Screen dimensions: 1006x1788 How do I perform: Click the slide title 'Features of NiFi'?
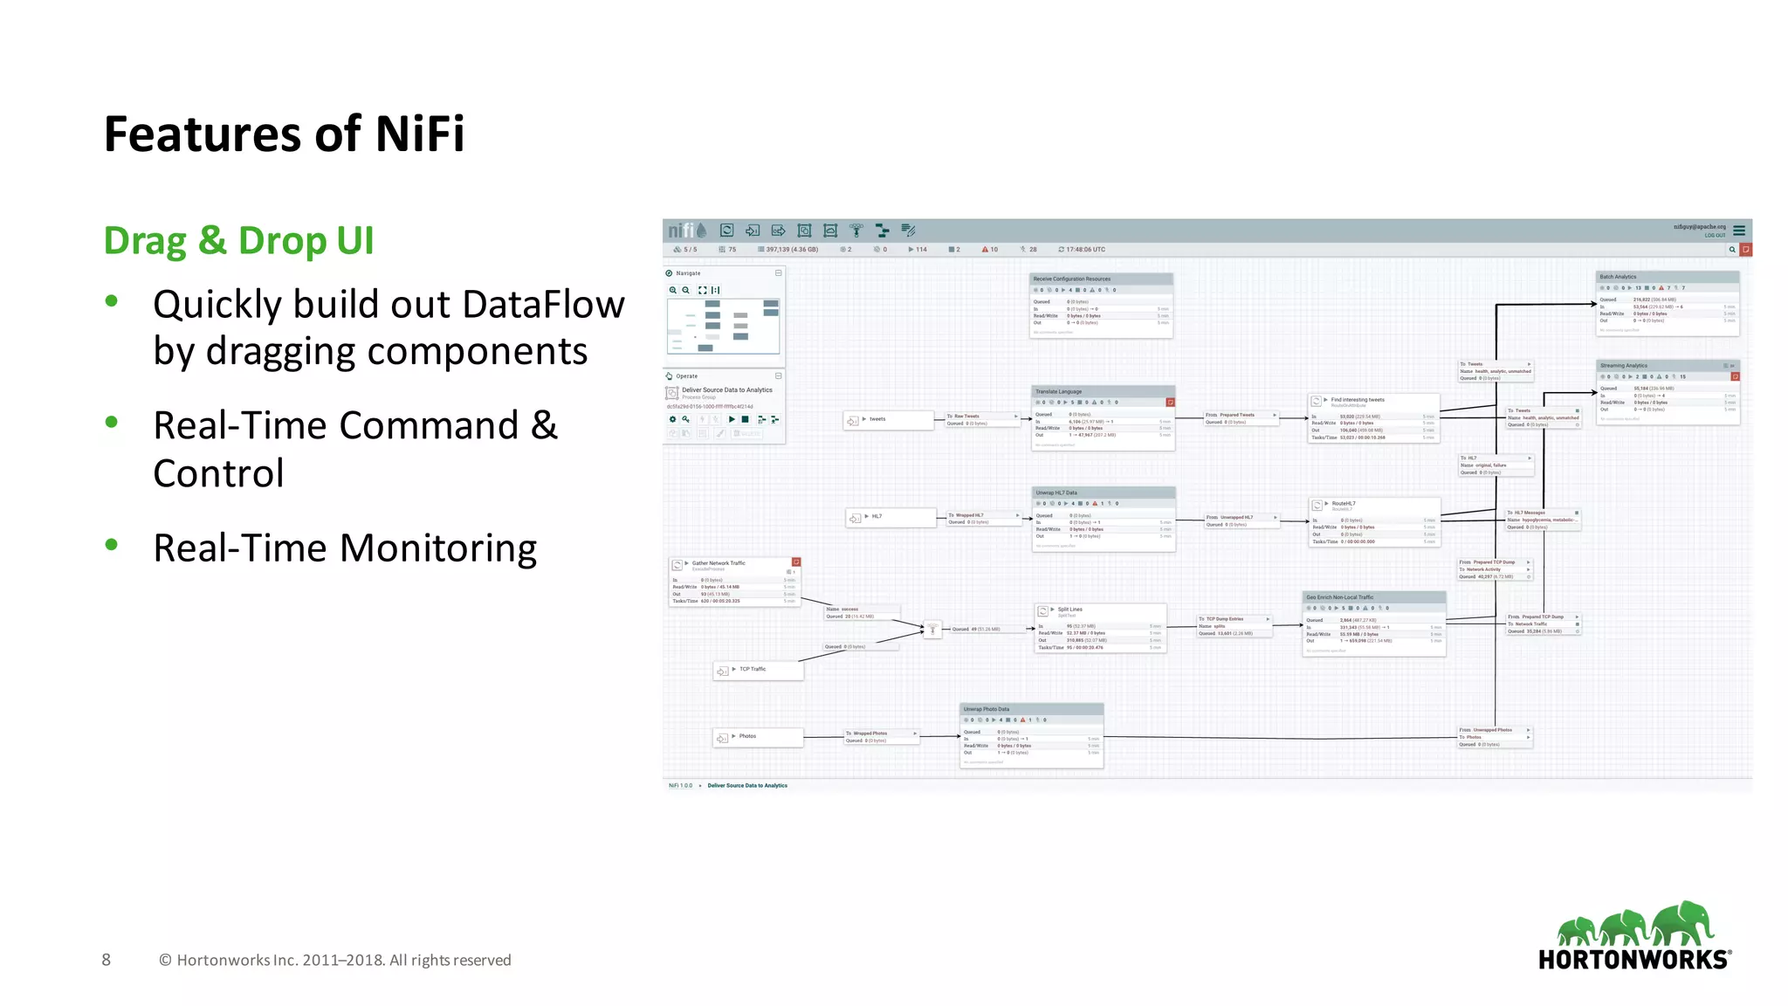[284, 134]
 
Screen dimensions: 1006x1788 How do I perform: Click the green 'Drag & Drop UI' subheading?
[238, 241]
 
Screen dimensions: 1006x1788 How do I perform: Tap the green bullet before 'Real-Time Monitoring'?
[111, 545]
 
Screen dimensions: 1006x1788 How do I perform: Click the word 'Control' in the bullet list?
[218, 473]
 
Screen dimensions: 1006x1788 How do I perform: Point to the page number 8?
[106, 960]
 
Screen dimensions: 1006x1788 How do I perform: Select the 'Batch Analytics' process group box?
[1667, 303]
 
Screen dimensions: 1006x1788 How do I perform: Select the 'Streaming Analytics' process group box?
[1668, 392]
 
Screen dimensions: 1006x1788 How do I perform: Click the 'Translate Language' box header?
[1103, 391]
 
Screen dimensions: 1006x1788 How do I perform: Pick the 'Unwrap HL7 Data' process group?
[1104, 520]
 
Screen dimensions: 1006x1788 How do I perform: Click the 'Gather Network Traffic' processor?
[734, 582]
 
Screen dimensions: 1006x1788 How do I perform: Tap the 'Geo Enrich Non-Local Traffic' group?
[1373, 624]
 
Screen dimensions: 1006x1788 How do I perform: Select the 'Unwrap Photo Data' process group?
[1031, 735]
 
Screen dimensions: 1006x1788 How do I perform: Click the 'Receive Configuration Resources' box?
[1101, 305]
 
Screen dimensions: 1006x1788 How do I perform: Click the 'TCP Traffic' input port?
[757, 670]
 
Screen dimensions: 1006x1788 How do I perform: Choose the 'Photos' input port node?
[757, 737]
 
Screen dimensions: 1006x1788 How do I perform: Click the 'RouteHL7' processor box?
[1373, 521]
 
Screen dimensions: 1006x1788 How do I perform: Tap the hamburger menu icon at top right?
[1738, 231]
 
